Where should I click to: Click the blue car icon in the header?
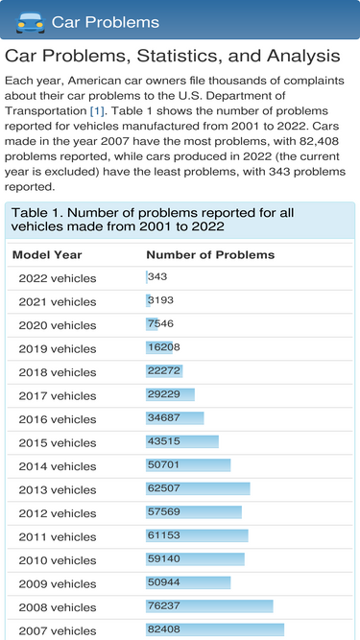pos(30,22)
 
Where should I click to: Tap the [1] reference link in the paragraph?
pos(97,111)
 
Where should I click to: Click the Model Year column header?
pos(47,255)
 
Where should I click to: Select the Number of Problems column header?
pos(210,255)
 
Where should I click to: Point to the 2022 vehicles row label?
pos(58,278)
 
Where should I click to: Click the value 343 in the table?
pos(157,276)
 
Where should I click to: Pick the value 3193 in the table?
pos(160,300)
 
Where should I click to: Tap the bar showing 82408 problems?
pos(215,629)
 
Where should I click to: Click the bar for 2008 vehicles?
pos(209,606)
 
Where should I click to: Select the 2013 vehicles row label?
pos(58,489)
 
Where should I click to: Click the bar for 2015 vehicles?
pos(182,441)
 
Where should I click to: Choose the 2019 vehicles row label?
pos(58,349)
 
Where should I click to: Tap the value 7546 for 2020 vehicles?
pos(160,323)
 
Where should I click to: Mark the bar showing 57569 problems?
pos(194,512)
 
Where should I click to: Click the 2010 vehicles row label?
pos(58,560)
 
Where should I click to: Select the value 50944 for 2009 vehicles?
pos(163,582)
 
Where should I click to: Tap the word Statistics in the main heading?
pos(178,57)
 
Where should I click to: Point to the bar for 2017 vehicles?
pos(170,394)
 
